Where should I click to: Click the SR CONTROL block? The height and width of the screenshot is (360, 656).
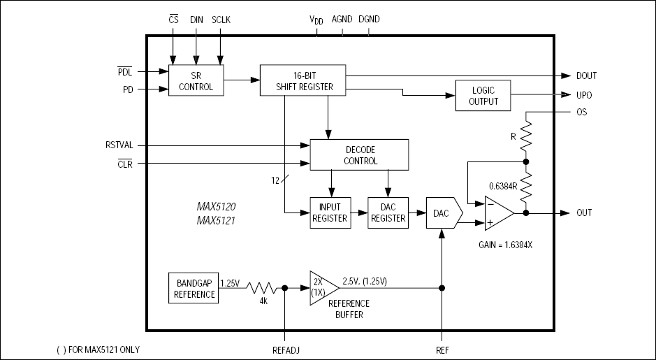click(x=196, y=82)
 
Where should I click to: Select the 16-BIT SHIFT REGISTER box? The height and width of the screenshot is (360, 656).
click(x=303, y=80)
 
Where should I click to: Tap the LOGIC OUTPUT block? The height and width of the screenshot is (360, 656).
click(x=483, y=95)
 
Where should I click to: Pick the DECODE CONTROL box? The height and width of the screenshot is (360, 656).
click(x=359, y=154)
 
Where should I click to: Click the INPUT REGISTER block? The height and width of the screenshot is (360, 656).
click(x=330, y=213)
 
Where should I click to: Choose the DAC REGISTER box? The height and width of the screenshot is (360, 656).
click(x=388, y=213)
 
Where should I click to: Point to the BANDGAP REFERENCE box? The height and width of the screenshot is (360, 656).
click(x=193, y=288)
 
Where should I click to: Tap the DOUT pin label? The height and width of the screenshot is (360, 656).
click(x=586, y=75)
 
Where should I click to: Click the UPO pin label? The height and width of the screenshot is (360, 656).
click(x=584, y=94)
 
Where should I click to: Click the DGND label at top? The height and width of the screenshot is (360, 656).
click(x=369, y=19)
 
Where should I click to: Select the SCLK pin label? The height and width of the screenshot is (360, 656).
click(x=221, y=19)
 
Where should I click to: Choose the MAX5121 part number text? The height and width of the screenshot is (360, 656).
click(x=216, y=220)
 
